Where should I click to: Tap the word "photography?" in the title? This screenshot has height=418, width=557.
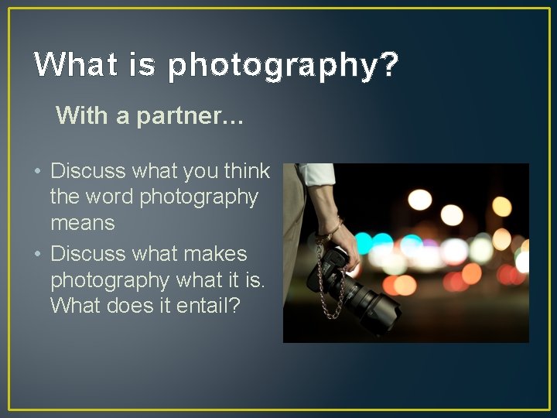[283, 67]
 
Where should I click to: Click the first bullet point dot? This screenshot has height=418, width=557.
[39, 171]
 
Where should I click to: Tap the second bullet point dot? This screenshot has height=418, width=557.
[39, 255]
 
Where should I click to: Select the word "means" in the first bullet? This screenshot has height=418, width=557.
[82, 224]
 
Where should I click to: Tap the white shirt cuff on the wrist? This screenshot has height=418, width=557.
[317, 175]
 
